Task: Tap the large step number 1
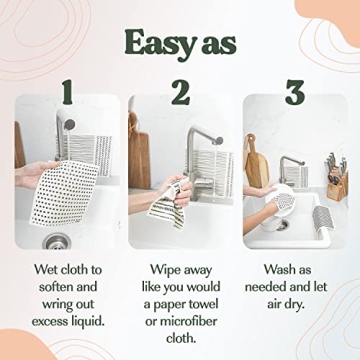pyautogui.click(x=66, y=94)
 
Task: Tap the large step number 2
pyautogui.click(x=180, y=94)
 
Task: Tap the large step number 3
pyautogui.click(x=293, y=94)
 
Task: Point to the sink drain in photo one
pyautogui.click(x=58, y=239)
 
